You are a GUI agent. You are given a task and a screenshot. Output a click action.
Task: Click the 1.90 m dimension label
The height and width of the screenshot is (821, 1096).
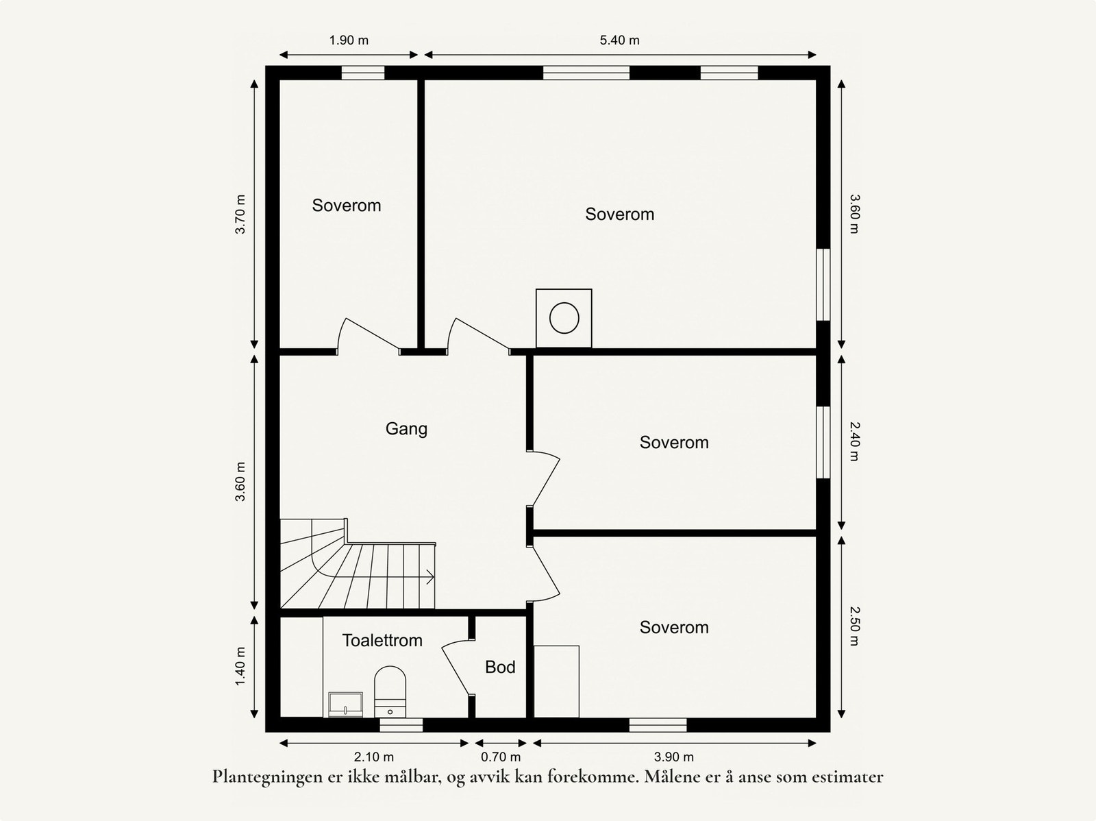pyautogui.click(x=349, y=40)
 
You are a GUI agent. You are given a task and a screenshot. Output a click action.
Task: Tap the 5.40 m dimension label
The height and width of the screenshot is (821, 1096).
pyautogui.click(x=619, y=40)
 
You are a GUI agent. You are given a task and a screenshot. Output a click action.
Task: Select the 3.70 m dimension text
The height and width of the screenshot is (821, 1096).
pyautogui.click(x=240, y=215)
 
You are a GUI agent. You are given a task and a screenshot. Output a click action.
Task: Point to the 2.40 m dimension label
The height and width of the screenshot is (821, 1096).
pyautogui.click(x=854, y=441)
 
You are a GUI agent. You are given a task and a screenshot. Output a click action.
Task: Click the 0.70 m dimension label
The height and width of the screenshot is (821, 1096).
pyautogui.click(x=500, y=757)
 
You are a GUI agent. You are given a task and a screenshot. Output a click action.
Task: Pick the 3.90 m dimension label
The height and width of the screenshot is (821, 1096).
pyautogui.click(x=673, y=757)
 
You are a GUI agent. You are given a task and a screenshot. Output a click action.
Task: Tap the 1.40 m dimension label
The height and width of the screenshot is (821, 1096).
pyautogui.click(x=240, y=666)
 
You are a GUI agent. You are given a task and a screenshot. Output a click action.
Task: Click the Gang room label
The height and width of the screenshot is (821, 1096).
pyautogui.click(x=406, y=429)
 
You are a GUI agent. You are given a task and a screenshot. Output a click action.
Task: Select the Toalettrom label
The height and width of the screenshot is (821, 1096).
pyautogui.click(x=382, y=640)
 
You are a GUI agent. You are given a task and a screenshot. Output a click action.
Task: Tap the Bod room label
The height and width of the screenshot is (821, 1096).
pyautogui.click(x=500, y=667)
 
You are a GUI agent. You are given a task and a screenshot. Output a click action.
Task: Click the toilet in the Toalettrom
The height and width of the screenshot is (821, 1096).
pyautogui.click(x=390, y=691)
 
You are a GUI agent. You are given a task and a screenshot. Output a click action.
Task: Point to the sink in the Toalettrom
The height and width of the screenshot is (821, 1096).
pyautogui.click(x=345, y=704)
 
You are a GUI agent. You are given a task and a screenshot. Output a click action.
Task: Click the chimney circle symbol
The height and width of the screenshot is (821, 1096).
pyautogui.click(x=564, y=318)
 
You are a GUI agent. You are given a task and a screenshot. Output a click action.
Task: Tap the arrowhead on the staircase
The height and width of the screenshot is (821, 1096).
pyautogui.click(x=430, y=577)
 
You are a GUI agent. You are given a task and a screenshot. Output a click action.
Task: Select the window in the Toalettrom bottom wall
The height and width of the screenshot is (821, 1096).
pyautogui.click(x=401, y=724)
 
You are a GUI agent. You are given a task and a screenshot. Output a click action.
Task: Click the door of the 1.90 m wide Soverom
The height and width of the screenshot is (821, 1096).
pyautogui.click(x=368, y=336)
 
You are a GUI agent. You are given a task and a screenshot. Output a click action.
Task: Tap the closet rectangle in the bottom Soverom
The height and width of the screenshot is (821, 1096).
pyautogui.click(x=556, y=682)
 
